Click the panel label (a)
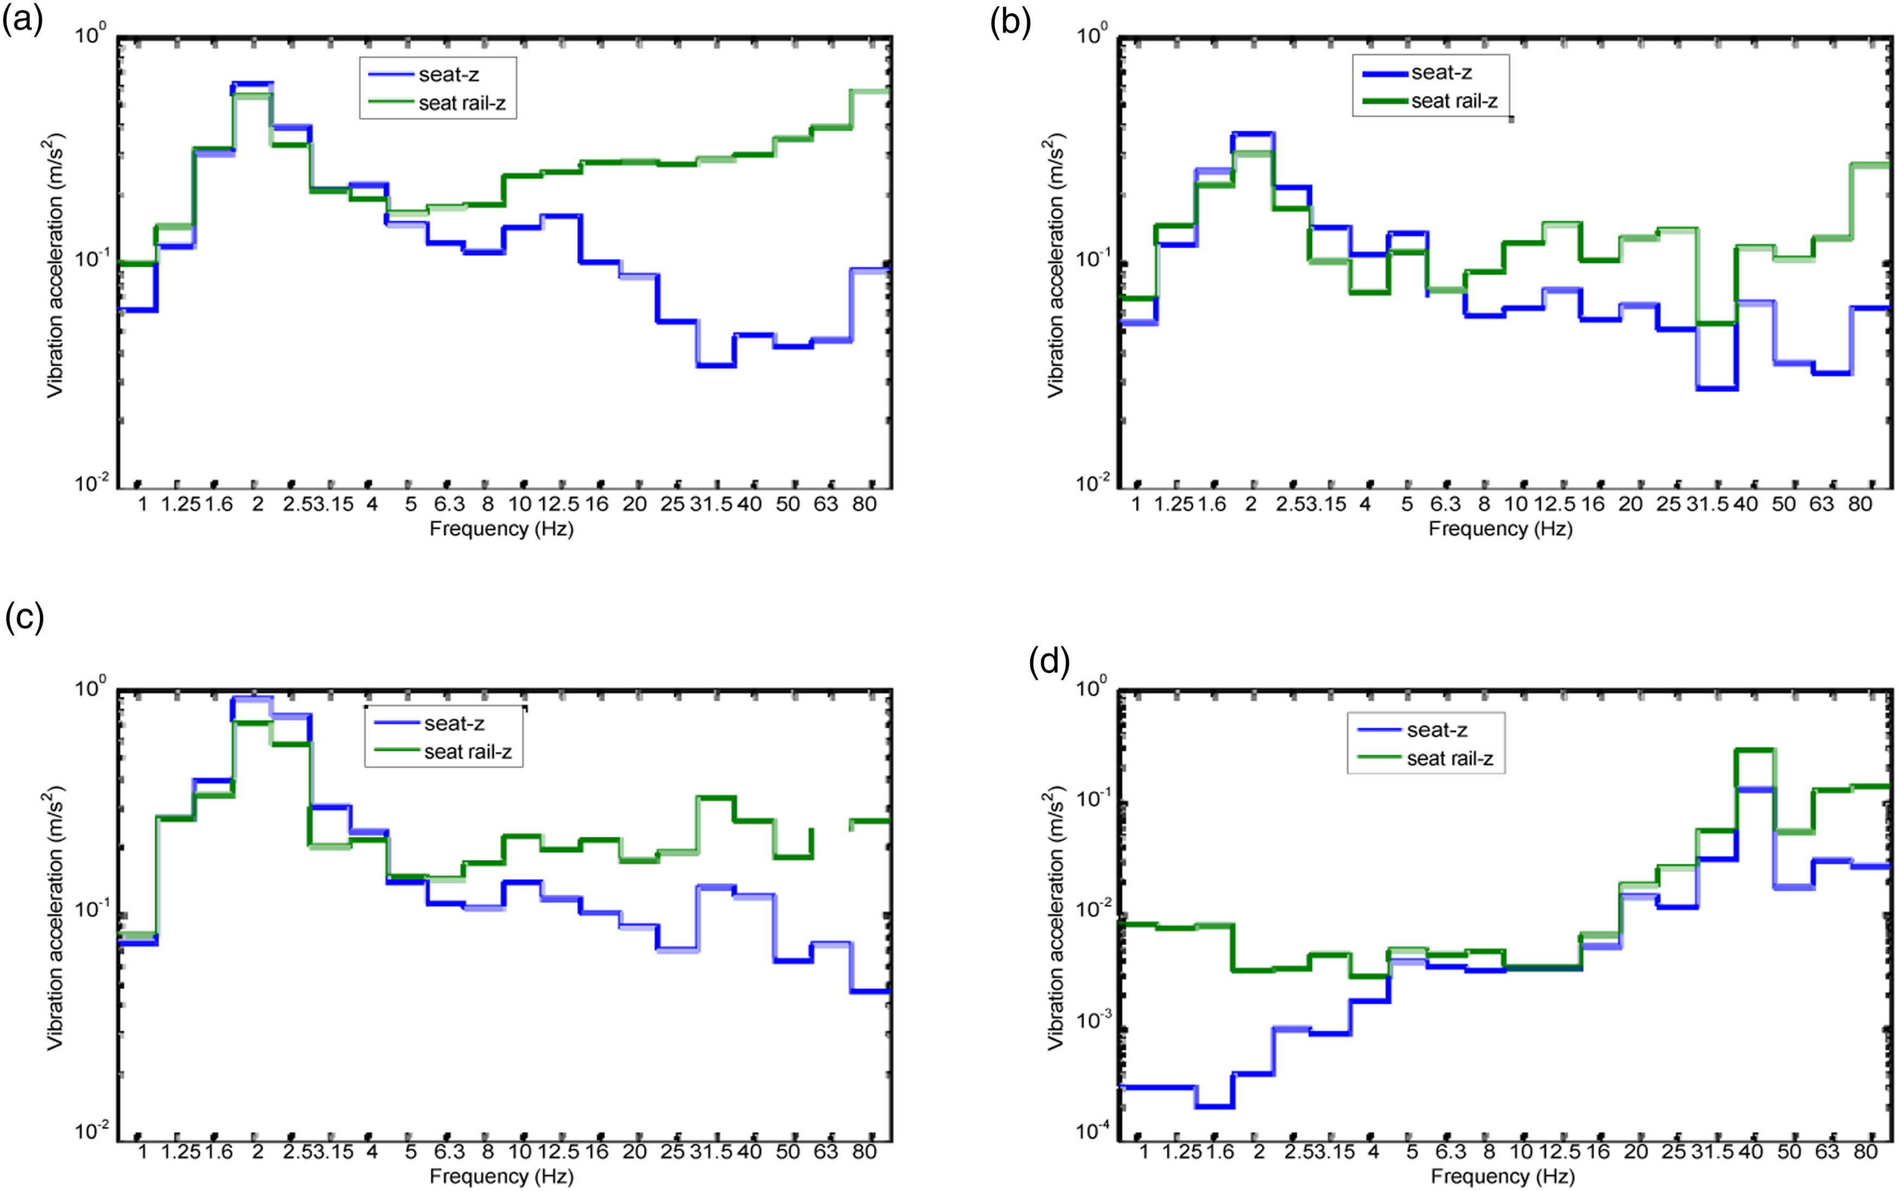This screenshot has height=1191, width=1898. point(22,21)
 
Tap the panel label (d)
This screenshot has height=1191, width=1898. point(1049,663)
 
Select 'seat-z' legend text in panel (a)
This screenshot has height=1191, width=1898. point(449,75)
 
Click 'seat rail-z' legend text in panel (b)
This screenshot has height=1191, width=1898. point(1454,101)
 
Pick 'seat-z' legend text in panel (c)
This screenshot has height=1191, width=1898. point(454,723)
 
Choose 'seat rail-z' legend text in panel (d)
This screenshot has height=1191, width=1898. point(1450,759)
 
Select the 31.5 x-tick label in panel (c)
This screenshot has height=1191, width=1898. point(711,1151)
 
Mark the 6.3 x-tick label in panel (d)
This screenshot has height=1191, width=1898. point(1450,1151)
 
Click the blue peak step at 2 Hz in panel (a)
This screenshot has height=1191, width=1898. point(252,82)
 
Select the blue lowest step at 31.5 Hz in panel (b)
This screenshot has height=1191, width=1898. point(1716,388)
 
